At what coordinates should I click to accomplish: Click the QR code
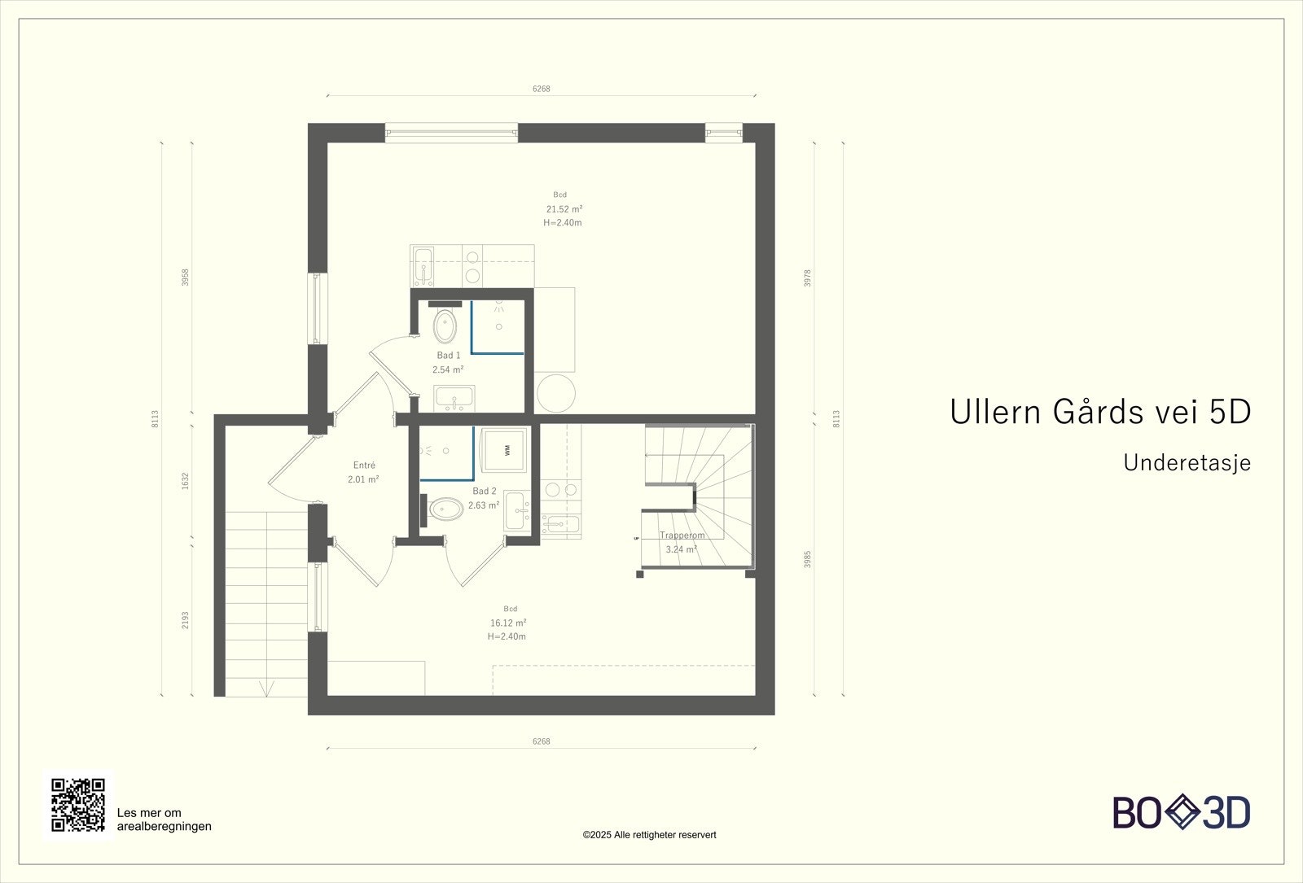coord(78,804)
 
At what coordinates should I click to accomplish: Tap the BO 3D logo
coord(1182,812)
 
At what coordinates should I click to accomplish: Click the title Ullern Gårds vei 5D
coord(1099,412)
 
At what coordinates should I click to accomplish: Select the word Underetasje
coord(1187,462)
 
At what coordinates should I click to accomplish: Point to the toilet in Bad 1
coord(445,326)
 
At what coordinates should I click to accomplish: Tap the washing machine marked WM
coord(506,450)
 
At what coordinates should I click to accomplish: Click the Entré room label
coord(364,466)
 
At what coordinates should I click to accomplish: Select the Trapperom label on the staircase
coord(682,535)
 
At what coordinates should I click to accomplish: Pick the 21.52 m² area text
coord(564,209)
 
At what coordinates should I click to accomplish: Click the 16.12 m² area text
coord(508,623)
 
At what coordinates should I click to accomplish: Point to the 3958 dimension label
coord(186,278)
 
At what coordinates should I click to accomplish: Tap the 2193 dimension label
coord(186,620)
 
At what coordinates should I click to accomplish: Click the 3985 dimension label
coord(808,559)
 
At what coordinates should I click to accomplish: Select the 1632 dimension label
coord(186,480)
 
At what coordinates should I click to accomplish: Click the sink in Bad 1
coord(454,399)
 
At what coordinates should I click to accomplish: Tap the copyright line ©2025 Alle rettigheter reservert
coord(649,835)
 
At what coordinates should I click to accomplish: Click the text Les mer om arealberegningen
coord(165,820)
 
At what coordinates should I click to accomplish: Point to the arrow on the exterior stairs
coord(265,688)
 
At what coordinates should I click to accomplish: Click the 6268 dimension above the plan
coord(542,89)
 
